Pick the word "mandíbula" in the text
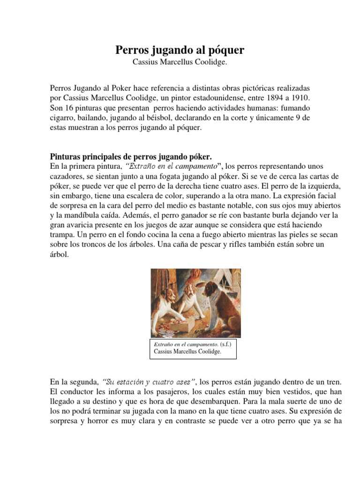tap(81, 216)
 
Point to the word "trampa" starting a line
tap(62, 235)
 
